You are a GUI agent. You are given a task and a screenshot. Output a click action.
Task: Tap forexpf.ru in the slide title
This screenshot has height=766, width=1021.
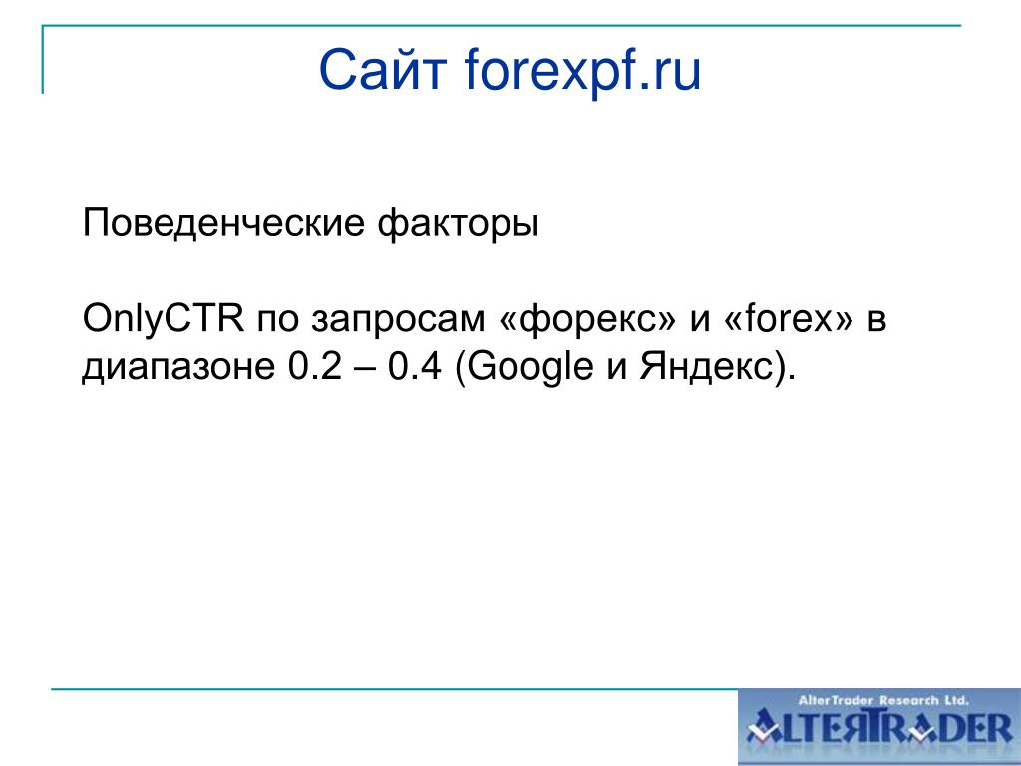pyautogui.click(x=582, y=71)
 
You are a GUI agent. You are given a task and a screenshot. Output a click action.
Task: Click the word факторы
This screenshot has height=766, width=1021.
pyautogui.click(x=459, y=224)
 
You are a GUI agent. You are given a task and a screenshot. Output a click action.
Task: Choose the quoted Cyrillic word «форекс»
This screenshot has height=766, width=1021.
pyautogui.click(x=587, y=320)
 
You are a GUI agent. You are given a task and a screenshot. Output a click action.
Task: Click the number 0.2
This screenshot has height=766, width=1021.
pyautogui.click(x=314, y=367)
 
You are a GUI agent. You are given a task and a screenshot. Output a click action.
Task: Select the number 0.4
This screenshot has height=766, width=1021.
pyautogui.click(x=415, y=367)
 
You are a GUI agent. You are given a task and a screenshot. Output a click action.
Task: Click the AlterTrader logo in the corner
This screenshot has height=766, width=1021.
pyautogui.click(x=879, y=727)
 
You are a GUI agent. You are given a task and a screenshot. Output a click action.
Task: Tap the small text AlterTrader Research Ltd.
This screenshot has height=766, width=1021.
pyautogui.click(x=883, y=701)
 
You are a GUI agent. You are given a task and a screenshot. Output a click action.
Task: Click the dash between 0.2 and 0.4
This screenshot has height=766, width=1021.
pyautogui.click(x=365, y=369)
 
